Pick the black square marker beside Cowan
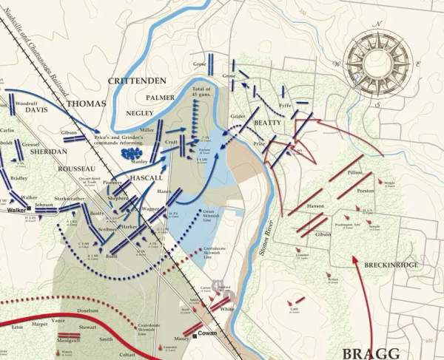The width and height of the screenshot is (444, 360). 195,335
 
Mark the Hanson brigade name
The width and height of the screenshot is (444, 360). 316,206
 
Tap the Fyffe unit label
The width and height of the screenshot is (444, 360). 285,106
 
